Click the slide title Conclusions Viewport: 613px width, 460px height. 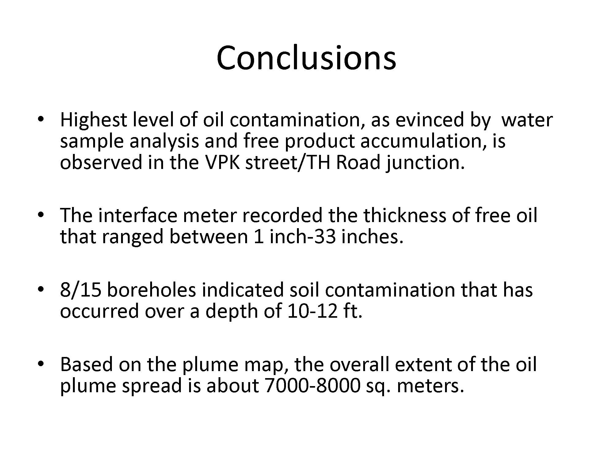point(306,57)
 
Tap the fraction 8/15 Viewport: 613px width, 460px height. point(81,290)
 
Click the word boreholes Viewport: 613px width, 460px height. point(151,290)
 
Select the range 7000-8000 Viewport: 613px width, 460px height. point(312,386)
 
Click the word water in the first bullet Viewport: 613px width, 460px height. point(527,120)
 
